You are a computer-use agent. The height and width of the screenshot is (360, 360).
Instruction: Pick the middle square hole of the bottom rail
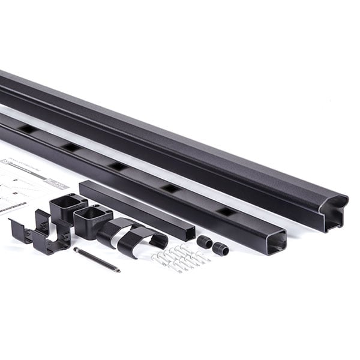[118, 166]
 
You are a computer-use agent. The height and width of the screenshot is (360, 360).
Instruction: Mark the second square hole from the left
[71, 147]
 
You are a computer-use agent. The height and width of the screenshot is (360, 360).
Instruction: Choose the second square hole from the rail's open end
[171, 188]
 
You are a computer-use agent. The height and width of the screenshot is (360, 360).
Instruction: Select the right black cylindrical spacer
[220, 248]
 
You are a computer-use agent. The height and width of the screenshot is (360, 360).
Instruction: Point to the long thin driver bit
[96, 259]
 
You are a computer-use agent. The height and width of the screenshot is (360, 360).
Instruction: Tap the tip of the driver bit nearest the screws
[117, 269]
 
